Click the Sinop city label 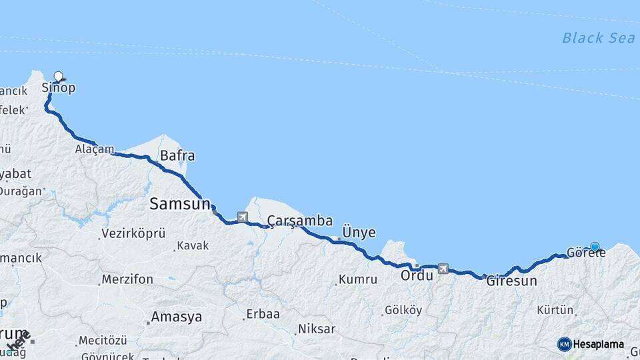[59, 88]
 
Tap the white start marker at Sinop [59, 77]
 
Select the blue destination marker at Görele [595, 247]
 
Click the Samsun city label [179, 204]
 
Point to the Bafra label [177, 156]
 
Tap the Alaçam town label [95, 149]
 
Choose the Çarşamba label [299, 220]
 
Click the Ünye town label [359, 233]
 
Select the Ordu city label [417, 275]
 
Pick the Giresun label [511, 281]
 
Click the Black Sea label [598, 38]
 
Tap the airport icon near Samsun [241, 217]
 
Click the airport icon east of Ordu [443, 269]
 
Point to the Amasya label [176, 317]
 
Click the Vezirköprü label [132, 233]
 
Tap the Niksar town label [317, 329]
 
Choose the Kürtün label [555, 310]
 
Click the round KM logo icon [565, 344]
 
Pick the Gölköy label [403, 310]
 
